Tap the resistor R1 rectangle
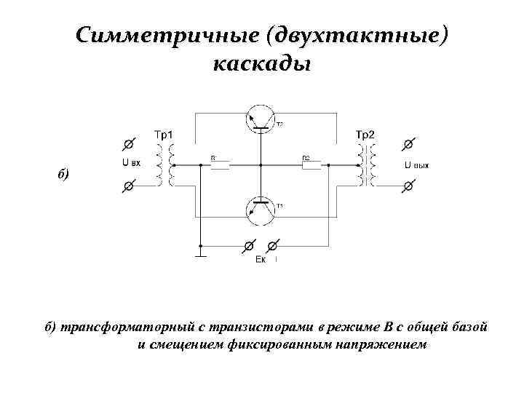(220, 165)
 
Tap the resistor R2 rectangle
(311, 165)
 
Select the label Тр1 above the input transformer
(164, 134)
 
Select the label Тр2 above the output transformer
(365, 134)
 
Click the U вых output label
(416, 165)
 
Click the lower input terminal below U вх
(128, 186)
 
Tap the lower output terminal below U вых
(408, 186)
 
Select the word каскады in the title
(262, 64)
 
